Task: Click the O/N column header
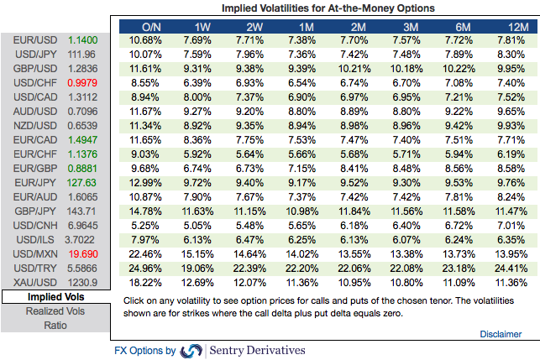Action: click(152, 26)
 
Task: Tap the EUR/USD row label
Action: click(31, 40)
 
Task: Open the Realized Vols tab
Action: click(55, 310)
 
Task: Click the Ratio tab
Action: click(55, 325)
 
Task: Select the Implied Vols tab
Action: click(55, 297)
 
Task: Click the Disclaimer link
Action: click(501, 334)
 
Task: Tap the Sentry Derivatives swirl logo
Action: click(191, 350)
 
